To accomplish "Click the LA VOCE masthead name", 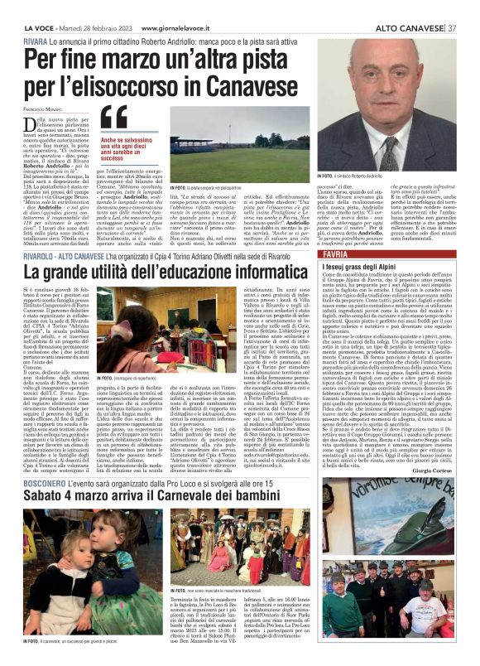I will (x=38, y=28).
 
